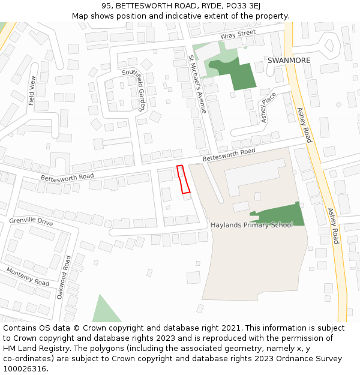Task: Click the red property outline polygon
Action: [x=183, y=180]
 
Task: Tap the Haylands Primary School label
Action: [x=252, y=225]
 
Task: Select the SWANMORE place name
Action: [x=289, y=61]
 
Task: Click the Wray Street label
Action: [x=238, y=35]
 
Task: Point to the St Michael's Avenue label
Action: [x=197, y=85]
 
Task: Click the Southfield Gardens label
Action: [x=134, y=90]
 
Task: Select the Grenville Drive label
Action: [x=31, y=221]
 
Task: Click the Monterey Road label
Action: [x=28, y=277]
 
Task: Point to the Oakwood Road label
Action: [x=63, y=277]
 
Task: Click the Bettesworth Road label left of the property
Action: [x=67, y=177]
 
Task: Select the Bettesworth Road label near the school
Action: [x=229, y=154]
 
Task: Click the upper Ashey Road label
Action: [x=305, y=125]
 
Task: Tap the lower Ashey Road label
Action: [x=334, y=226]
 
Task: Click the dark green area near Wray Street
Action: [x=237, y=75]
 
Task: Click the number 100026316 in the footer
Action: [x=25, y=369]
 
